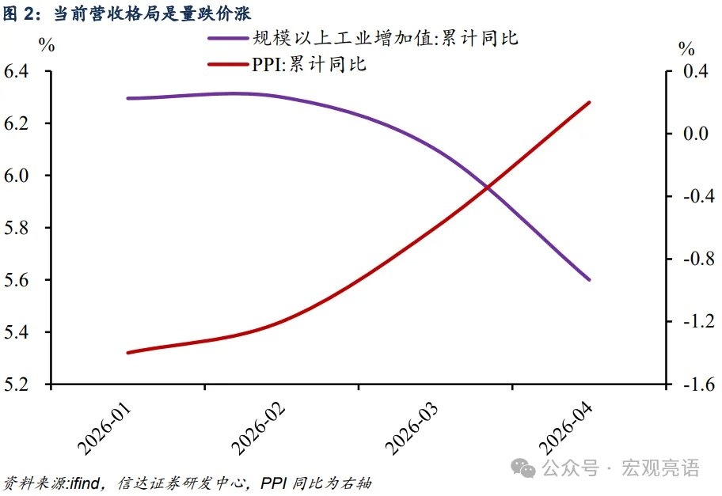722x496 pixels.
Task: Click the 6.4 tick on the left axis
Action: pyautogui.click(x=17, y=71)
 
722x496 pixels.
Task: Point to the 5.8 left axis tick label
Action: pyautogui.click(x=17, y=228)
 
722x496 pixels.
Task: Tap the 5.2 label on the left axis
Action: pyautogui.click(x=17, y=384)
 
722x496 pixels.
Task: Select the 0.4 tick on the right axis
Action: pyautogui.click(x=695, y=71)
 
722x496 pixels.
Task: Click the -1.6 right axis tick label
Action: pyautogui.click(x=698, y=384)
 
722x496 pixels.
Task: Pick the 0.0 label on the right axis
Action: pyautogui.click(x=695, y=134)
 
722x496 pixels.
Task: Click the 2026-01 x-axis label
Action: pyautogui.click(x=104, y=430)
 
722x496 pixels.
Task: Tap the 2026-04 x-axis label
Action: pyautogui.click(x=566, y=430)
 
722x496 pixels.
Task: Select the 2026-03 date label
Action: pyautogui.click(x=412, y=430)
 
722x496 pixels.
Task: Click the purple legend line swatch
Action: pyautogui.click(x=228, y=38)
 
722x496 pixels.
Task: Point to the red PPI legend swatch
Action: pyautogui.click(x=228, y=64)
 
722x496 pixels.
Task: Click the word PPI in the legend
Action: pyautogui.click(x=267, y=64)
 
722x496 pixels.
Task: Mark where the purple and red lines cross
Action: pyautogui.click(x=487, y=187)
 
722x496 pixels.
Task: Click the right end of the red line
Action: pyautogui.click(x=589, y=102)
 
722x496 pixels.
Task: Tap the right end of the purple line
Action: pyautogui.click(x=589, y=279)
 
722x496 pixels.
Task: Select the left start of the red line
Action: pyautogui.click(x=127, y=353)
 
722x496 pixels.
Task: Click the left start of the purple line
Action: pyautogui.click(x=127, y=98)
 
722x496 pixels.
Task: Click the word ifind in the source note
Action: pyautogui.click(x=85, y=483)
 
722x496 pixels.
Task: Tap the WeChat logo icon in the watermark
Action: pyautogui.click(x=523, y=468)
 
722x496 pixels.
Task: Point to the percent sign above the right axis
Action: pyautogui.click(x=686, y=48)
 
